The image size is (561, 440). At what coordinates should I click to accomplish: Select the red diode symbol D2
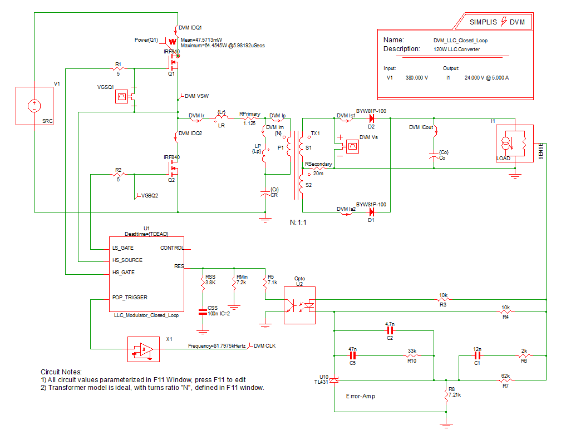[x=371, y=118]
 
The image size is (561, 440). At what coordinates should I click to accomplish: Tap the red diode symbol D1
[x=371, y=211]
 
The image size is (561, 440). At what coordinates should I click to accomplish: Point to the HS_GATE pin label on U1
[x=124, y=273]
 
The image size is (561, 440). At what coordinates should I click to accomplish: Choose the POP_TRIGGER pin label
[x=130, y=298]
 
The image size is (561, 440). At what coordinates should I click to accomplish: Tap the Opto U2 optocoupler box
[x=299, y=305]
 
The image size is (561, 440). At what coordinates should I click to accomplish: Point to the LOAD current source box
[x=510, y=143]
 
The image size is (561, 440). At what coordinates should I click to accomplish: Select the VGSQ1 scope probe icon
[x=120, y=97]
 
